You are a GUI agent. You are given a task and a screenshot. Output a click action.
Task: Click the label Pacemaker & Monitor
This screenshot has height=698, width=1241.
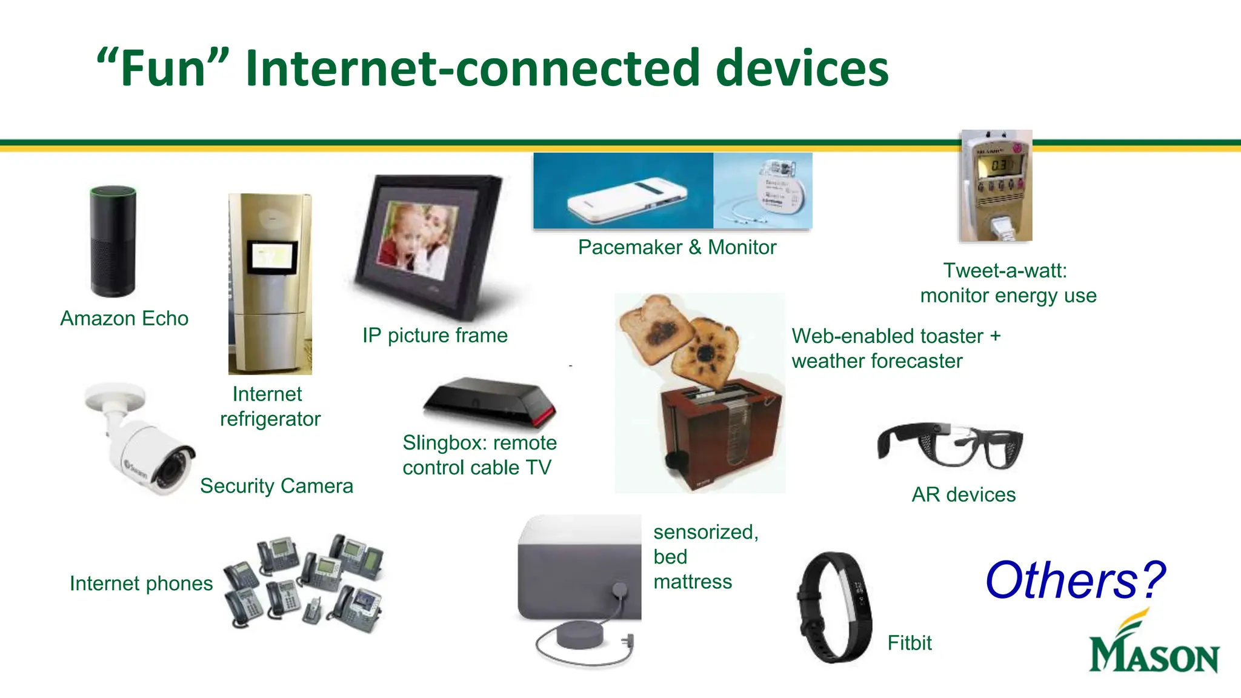[x=677, y=247]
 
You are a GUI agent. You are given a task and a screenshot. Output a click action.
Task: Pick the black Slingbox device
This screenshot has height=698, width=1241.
[x=490, y=401]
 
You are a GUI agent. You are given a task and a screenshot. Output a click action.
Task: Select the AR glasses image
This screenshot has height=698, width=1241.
[x=950, y=445]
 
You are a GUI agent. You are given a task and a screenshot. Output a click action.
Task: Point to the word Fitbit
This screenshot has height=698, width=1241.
[x=910, y=643]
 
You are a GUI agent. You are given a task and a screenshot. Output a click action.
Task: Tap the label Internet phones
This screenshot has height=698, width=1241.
[x=141, y=583]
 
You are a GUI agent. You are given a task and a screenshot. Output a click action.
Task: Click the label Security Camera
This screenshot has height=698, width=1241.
[x=276, y=486]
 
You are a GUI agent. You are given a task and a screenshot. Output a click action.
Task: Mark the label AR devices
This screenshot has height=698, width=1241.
[x=963, y=494]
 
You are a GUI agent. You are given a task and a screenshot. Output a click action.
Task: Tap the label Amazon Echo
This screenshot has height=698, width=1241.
[x=124, y=319]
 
